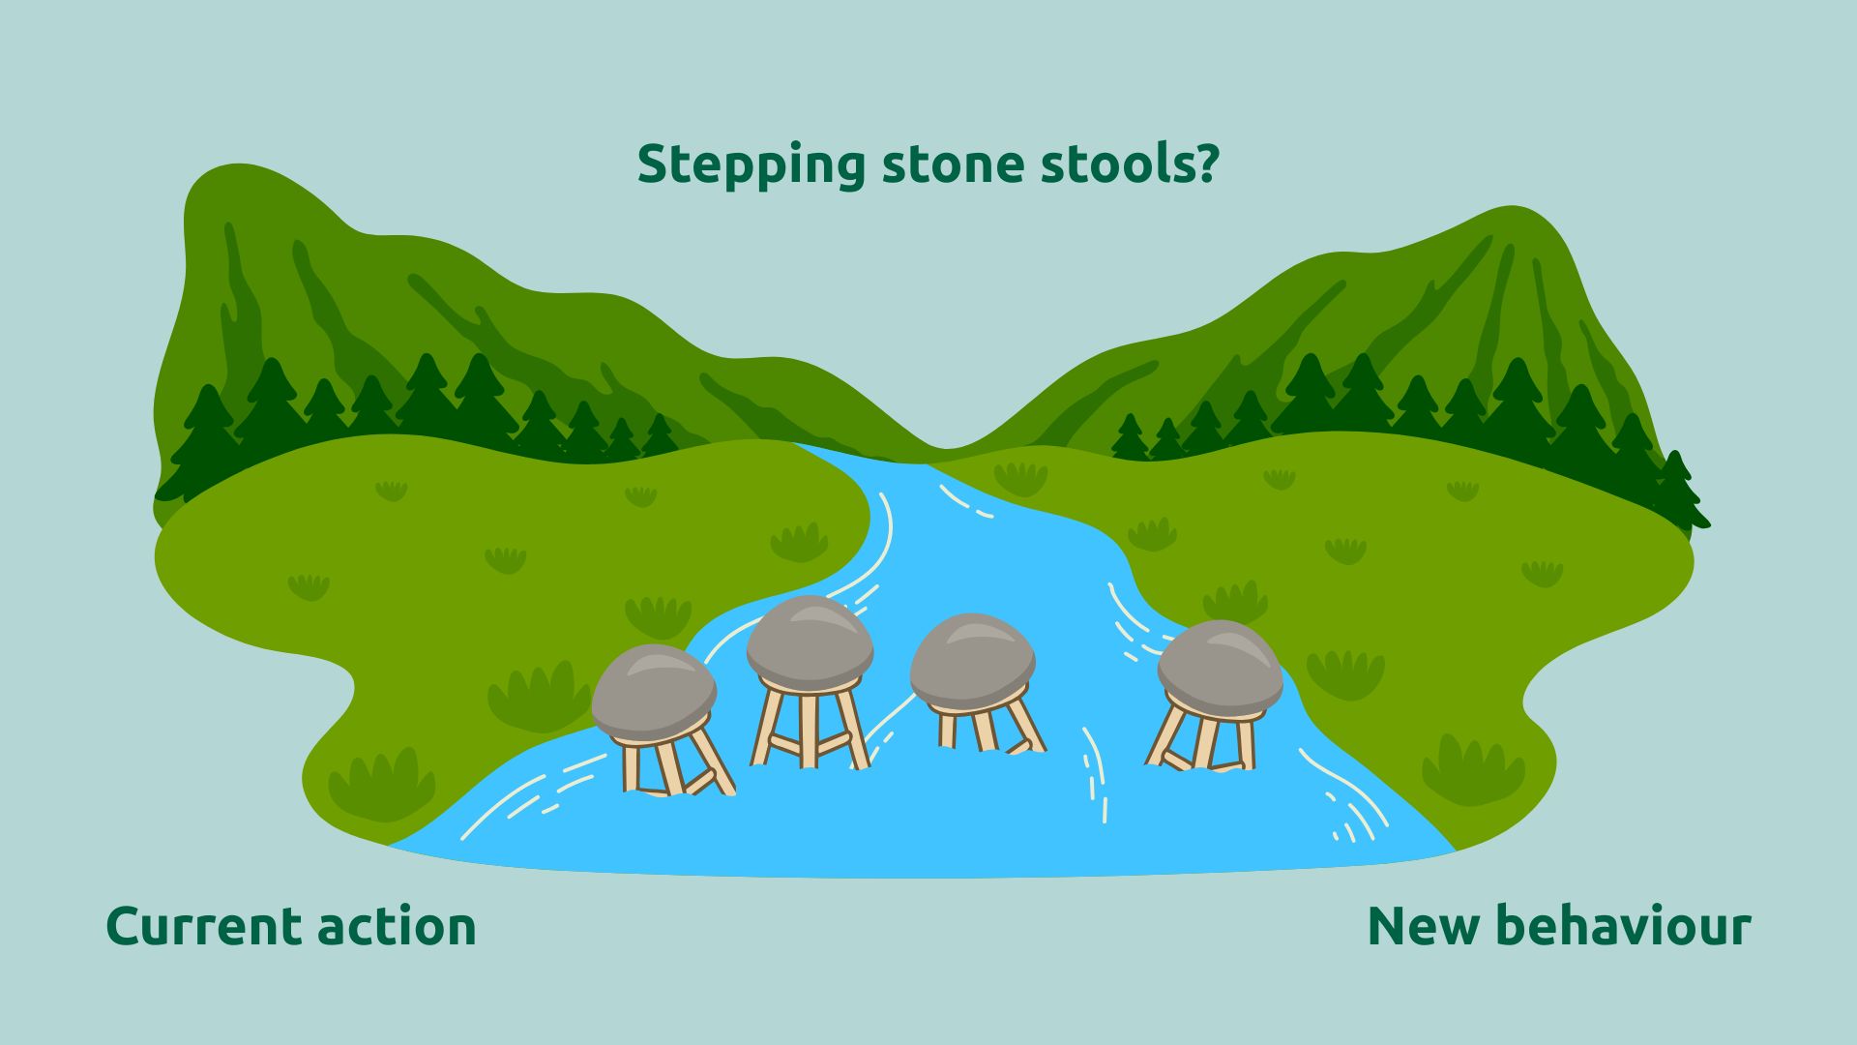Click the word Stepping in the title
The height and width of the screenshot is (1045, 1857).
pyautogui.click(x=752, y=165)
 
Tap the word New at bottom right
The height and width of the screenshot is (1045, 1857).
pyautogui.click(x=1423, y=926)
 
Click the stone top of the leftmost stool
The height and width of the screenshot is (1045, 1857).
pyautogui.click(x=654, y=691)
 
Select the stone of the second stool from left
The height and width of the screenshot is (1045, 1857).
pyautogui.click(x=810, y=642)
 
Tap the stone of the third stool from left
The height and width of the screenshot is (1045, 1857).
pyautogui.click(x=972, y=660)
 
